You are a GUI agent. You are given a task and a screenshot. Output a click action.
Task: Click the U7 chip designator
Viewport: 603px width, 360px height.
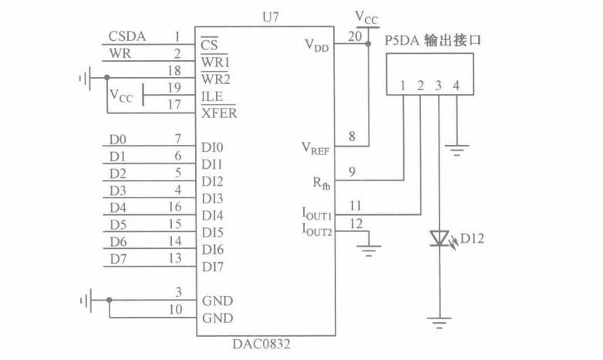click(x=264, y=15)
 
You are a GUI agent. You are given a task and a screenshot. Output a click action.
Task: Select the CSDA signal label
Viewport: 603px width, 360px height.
click(x=127, y=35)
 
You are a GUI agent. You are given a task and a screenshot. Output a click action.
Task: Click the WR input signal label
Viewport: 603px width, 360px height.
click(x=120, y=53)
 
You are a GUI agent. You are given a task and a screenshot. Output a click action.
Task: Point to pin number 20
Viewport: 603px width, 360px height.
click(x=354, y=35)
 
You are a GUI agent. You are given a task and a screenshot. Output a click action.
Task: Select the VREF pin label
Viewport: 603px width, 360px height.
click(x=315, y=146)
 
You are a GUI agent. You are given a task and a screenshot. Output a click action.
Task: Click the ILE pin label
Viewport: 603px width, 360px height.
click(x=212, y=96)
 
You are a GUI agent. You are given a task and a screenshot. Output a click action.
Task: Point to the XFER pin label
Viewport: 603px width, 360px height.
click(x=219, y=113)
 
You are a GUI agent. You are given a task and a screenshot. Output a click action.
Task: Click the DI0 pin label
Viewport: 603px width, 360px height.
click(x=213, y=146)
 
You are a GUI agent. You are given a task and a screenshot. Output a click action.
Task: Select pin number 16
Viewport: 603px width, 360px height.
click(x=175, y=207)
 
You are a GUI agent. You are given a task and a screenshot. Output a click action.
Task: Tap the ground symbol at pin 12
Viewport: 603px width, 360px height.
click(x=369, y=248)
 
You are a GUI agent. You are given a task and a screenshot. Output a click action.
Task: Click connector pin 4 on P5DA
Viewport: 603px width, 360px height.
click(x=456, y=85)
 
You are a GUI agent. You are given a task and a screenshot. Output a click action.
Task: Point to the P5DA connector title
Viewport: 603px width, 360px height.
click(x=432, y=39)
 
